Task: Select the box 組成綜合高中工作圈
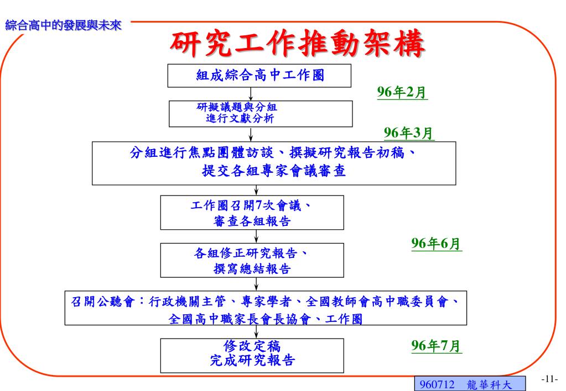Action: (259, 76)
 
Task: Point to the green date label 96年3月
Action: (409, 133)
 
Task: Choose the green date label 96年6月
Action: (437, 244)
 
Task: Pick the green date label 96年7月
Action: (437, 346)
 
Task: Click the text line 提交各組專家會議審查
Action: (274, 171)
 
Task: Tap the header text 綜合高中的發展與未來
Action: (63, 25)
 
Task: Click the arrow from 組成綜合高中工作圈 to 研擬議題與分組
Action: (252, 93)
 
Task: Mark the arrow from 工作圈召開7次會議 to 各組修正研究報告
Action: (256, 236)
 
